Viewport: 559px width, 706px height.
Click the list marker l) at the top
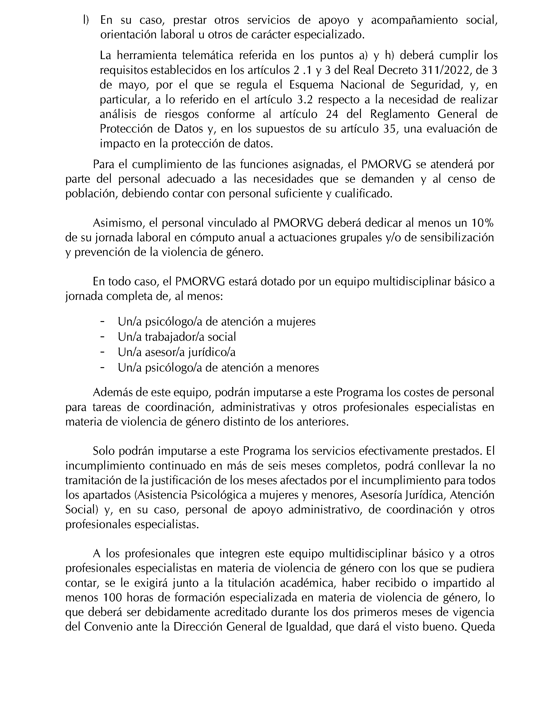pyautogui.click(x=85, y=20)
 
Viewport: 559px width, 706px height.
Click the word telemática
pyautogui.click(x=206, y=56)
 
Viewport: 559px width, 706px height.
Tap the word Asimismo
pyautogui.click(x=119, y=223)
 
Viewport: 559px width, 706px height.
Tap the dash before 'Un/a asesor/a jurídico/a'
pyautogui.click(x=103, y=352)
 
